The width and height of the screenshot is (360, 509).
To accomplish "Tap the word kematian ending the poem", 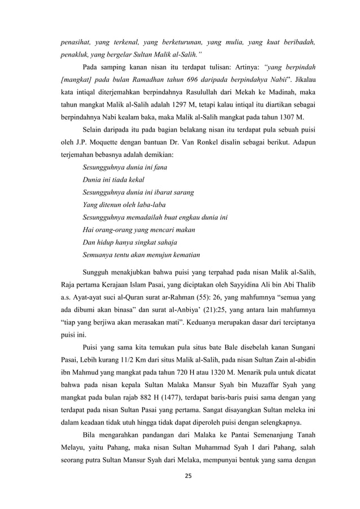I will pos(181,254).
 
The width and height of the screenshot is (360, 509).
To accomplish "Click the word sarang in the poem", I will pos(183,192).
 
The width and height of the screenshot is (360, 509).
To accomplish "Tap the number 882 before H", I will pos(135,397).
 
